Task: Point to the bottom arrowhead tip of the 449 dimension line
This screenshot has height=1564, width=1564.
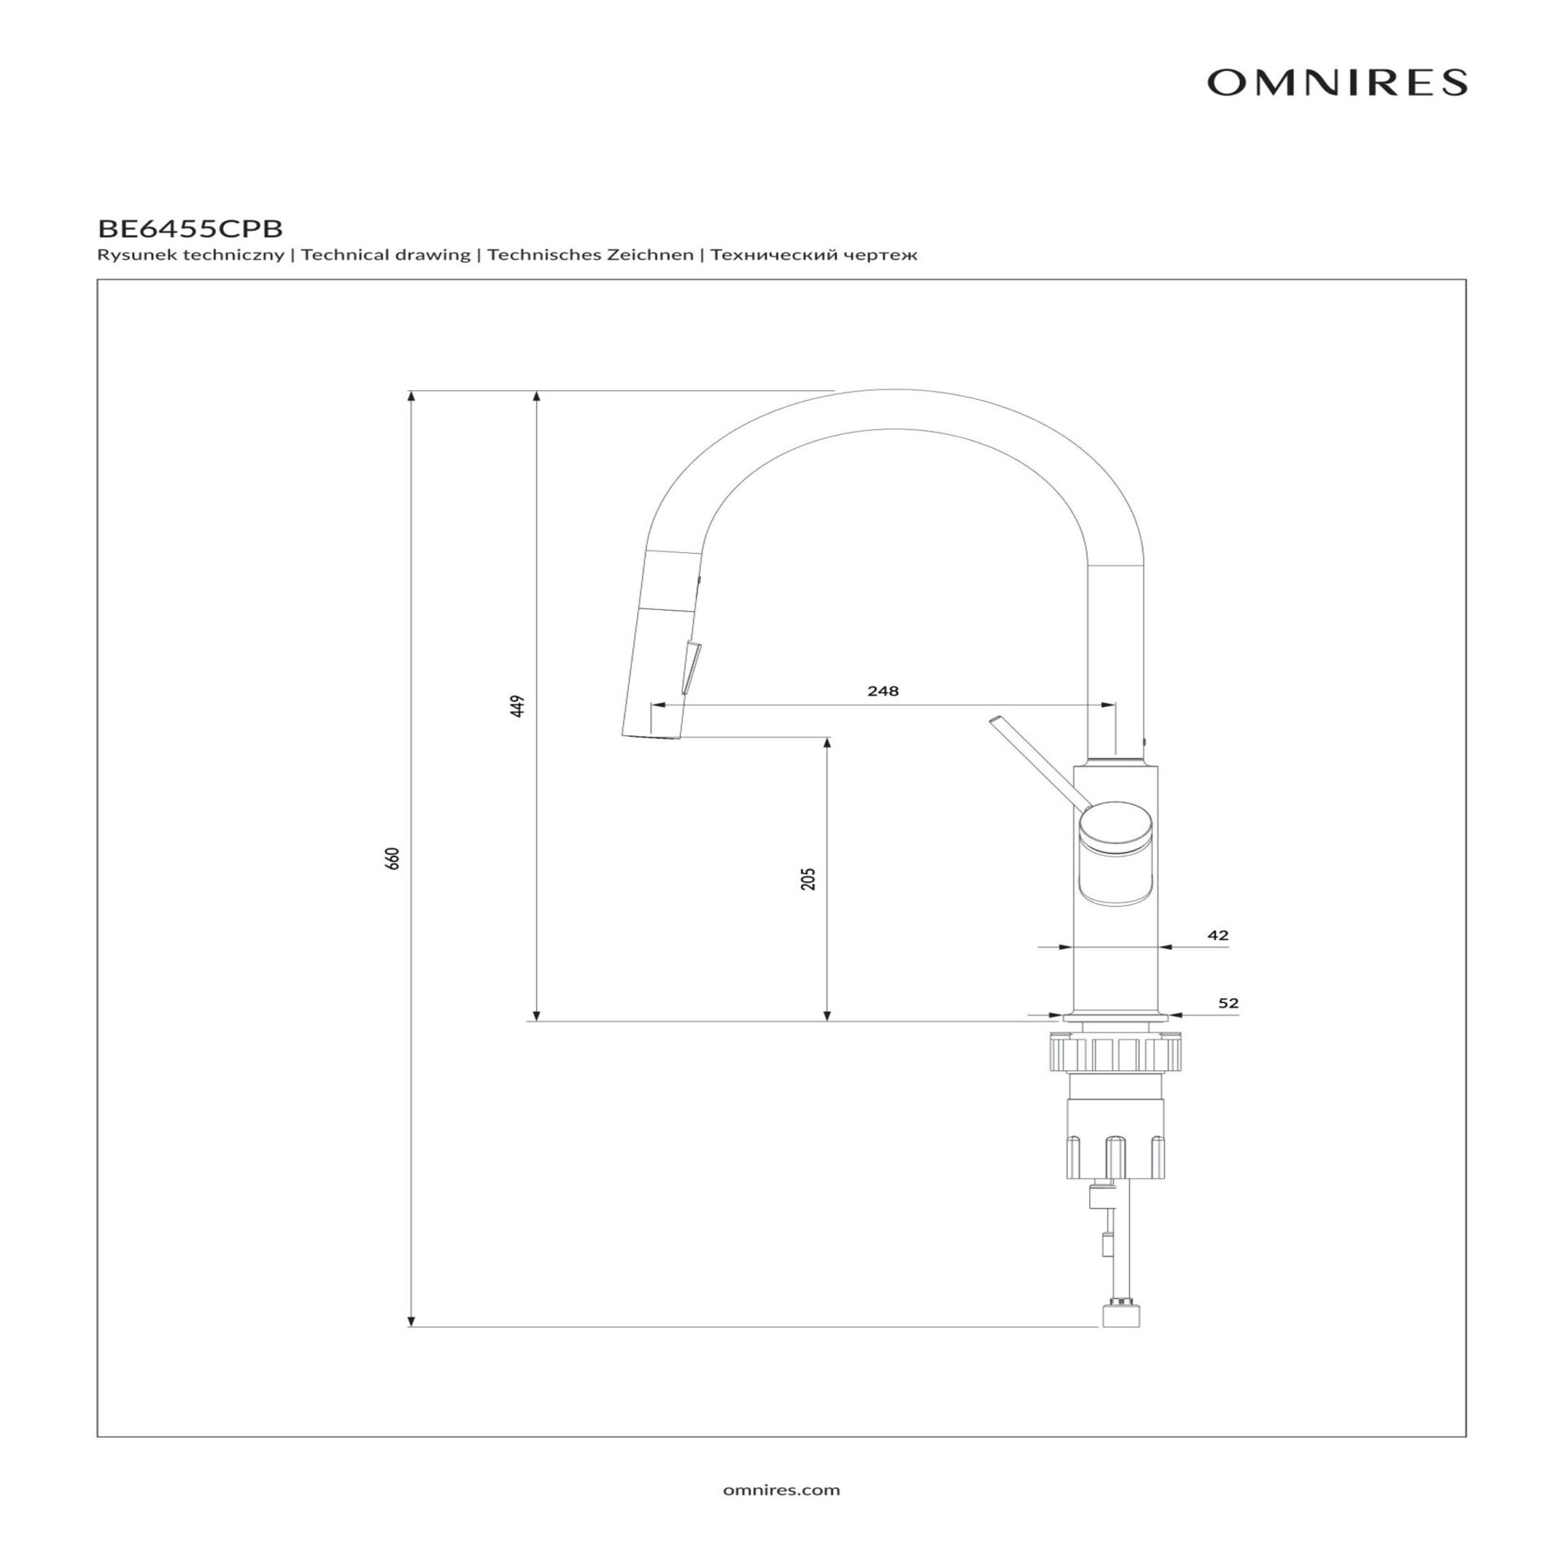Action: coord(536,1021)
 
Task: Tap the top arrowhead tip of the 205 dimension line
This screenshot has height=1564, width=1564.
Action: coord(827,737)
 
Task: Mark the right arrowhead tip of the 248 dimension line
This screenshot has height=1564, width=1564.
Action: coord(1115,705)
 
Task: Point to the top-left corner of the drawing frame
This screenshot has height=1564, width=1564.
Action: coord(97,279)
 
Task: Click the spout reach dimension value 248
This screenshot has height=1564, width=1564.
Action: coord(883,691)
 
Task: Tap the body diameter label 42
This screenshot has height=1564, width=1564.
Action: coord(1218,935)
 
